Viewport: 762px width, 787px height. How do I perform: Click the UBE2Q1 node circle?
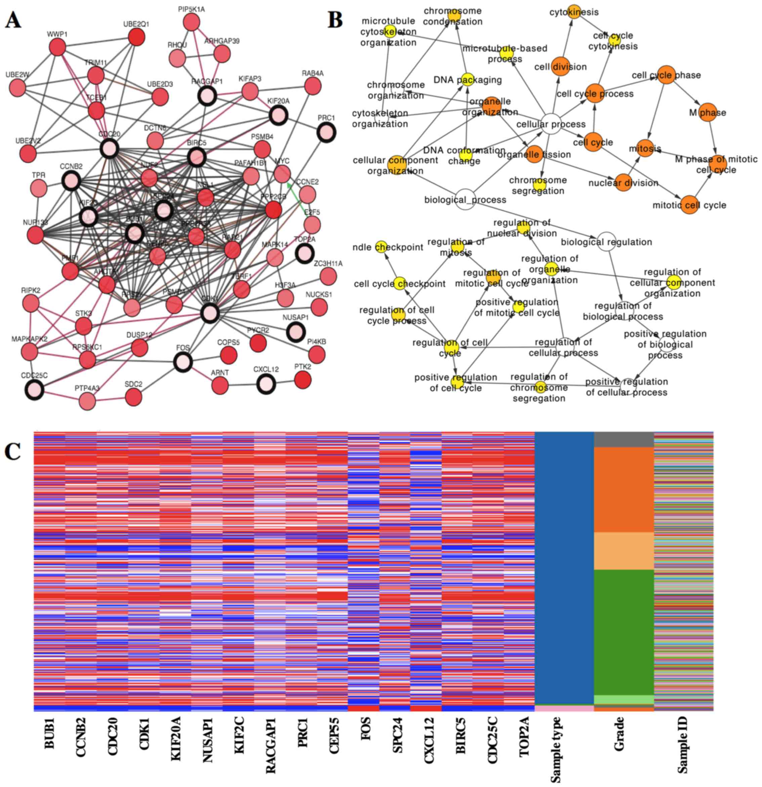136,37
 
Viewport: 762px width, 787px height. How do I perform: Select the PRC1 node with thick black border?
326,132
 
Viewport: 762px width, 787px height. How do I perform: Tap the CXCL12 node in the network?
266,384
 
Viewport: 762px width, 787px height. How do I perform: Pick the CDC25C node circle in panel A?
35,390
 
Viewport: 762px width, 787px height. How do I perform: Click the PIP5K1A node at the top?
192,22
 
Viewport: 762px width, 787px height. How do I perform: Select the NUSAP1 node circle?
296,332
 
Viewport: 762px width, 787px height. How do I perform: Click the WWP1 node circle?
57,48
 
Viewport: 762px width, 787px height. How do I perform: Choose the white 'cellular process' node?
551,124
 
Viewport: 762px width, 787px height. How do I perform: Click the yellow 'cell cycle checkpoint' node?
399,283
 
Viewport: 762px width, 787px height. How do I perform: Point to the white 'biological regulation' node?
606,242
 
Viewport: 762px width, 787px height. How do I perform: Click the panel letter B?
335,20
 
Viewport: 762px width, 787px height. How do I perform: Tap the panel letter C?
12,452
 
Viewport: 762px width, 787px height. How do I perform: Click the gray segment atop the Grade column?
623,440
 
